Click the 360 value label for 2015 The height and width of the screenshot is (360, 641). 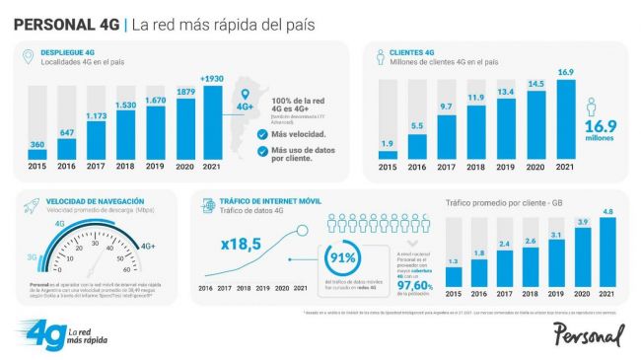point(37,145)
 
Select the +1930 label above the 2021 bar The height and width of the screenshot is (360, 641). point(214,78)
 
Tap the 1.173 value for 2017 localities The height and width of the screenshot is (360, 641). point(96,117)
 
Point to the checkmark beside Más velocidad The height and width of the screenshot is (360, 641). point(259,135)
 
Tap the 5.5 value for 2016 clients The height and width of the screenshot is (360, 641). point(417,126)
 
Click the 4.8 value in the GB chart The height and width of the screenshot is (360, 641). point(607,211)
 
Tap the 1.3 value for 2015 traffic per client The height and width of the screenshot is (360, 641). point(454,262)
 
